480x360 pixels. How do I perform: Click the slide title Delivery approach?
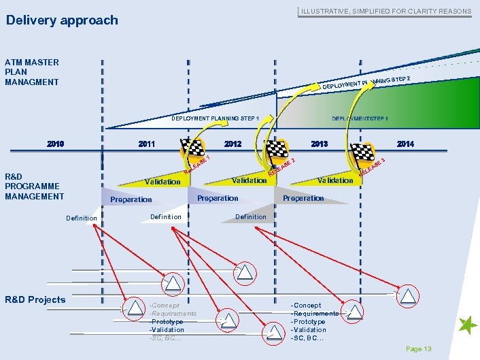click(x=62, y=20)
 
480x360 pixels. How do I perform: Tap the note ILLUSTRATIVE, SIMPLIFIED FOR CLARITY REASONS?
click(x=385, y=11)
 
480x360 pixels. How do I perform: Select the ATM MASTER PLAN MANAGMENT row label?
click(x=32, y=72)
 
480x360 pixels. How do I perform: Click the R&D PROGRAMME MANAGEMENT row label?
click(x=34, y=186)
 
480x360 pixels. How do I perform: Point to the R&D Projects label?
click(x=35, y=299)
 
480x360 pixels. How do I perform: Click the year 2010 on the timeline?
click(x=56, y=144)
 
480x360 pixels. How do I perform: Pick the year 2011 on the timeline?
click(x=146, y=144)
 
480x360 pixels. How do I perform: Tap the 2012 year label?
click(x=233, y=144)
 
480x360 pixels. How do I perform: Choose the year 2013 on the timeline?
click(x=320, y=144)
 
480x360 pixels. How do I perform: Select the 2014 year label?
click(x=405, y=144)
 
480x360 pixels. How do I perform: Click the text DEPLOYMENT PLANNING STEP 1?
click(x=215, y=118)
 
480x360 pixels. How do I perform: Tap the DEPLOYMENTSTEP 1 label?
click(x=360, y=118)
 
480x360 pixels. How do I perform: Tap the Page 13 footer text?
click(x=418, y=349)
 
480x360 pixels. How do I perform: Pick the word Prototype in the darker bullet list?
click(x=308, y=322)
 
